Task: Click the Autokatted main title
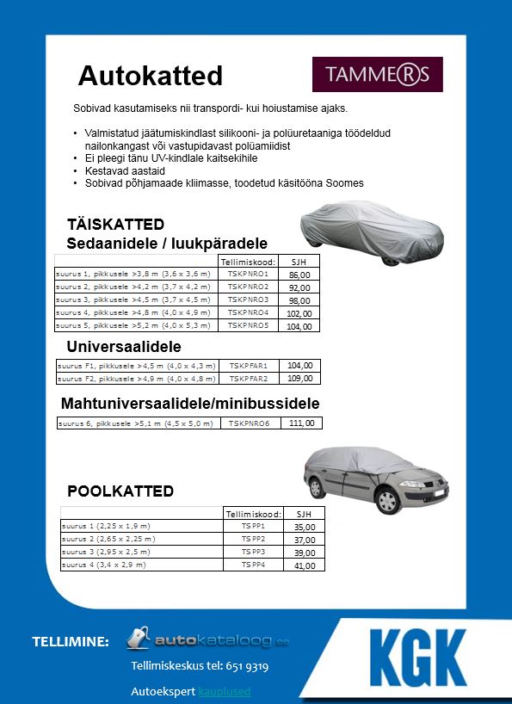[151, 76]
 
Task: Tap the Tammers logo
[377, 74]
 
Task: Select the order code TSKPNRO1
[248, 274]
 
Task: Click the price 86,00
[299, 275]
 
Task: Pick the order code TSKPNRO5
[248, 326]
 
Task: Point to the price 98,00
[299, 300]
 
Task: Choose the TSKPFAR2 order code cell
[248, 378]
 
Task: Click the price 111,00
[301, 423]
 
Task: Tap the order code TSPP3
[253, 552]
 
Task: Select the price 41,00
[305, 565]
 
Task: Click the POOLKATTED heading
[120, 491]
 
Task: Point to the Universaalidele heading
[124, 347]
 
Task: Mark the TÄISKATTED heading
[115, 225]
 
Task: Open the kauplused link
[225, 691]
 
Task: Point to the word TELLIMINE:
[71, 642]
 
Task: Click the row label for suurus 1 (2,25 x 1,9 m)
[105, 525]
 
